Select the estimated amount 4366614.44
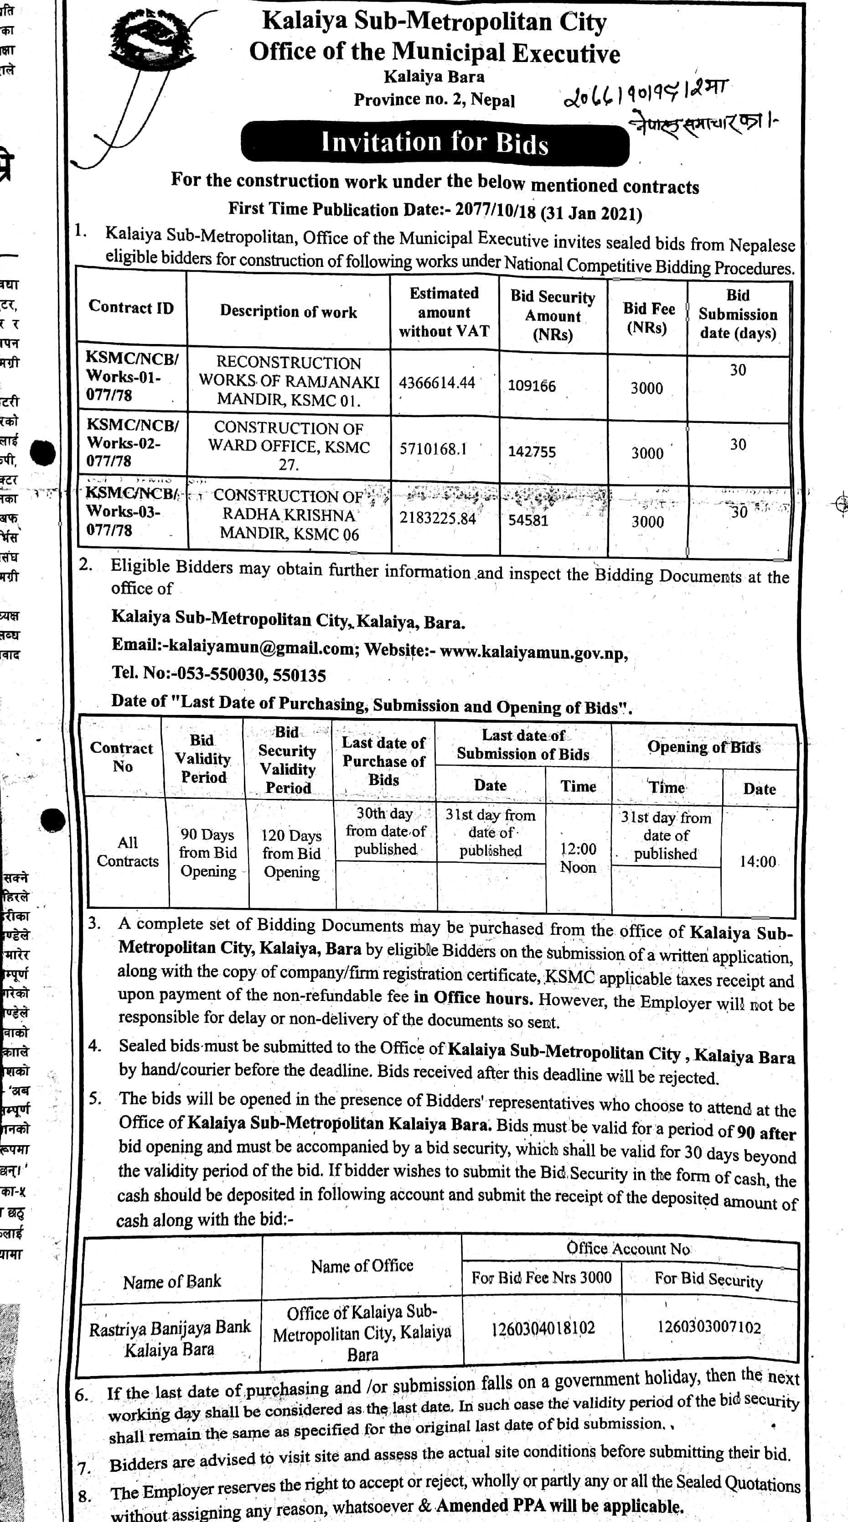(x=437, y=383)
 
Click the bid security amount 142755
(x=532, y=452)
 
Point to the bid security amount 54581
(x=528, y=520)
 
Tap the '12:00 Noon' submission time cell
(x=578, y=857)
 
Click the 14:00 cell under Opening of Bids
(x=758, y=861)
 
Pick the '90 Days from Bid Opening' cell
(x=208, y=853)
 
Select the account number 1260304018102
(x=543, y=1328)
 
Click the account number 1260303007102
(x=709, y=1327)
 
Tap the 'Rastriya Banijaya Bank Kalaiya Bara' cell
(x=170, y=1337)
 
